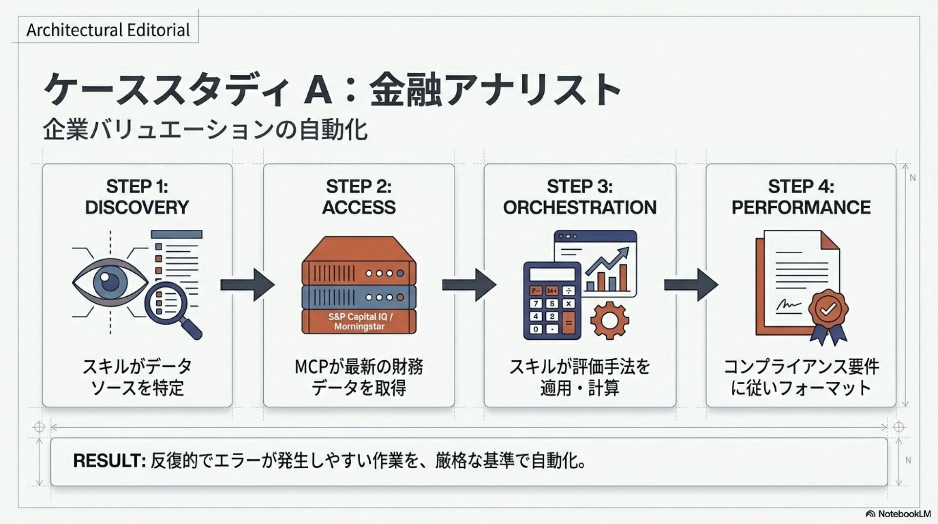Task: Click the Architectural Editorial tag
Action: pos(108,30)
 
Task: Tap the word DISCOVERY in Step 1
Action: pos(137,207)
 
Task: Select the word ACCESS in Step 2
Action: pos(359,207)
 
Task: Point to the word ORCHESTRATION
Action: pos(579,207)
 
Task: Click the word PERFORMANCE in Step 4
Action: pos(801,207)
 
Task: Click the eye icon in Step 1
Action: pos(110,283)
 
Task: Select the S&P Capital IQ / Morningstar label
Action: pos(360,322)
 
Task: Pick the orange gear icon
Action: pos(609,320)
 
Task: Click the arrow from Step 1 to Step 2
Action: pos(247,284)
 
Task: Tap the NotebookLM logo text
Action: pos(904,514)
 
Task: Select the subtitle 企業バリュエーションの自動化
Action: pos(205,130)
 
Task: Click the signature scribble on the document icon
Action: pos(788,306)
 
